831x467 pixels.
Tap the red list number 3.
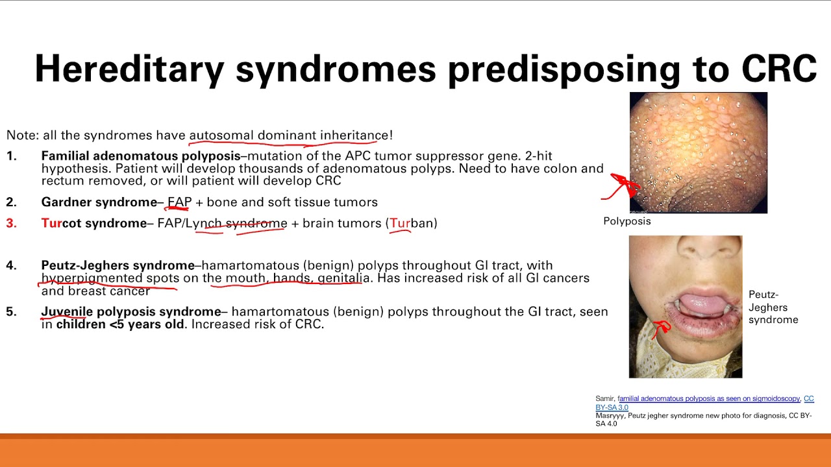click(x=12, y=223)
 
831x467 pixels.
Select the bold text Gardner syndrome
click(x=99, y=202)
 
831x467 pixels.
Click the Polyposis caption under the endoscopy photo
click(x=627, y=221)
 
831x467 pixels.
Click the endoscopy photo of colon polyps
click(x=698, y=152)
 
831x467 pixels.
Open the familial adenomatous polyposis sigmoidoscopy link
click(x=708, y=398)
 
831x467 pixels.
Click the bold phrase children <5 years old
click(x=120, y=324)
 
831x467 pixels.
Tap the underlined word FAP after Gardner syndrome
click(x=180, y=202)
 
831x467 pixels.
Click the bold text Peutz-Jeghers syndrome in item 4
click(x=118, y=265)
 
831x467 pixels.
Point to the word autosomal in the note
click(x=221, y=135)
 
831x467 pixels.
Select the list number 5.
click(x=12, y=312)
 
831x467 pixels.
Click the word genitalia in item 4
click(x=344, y=278)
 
